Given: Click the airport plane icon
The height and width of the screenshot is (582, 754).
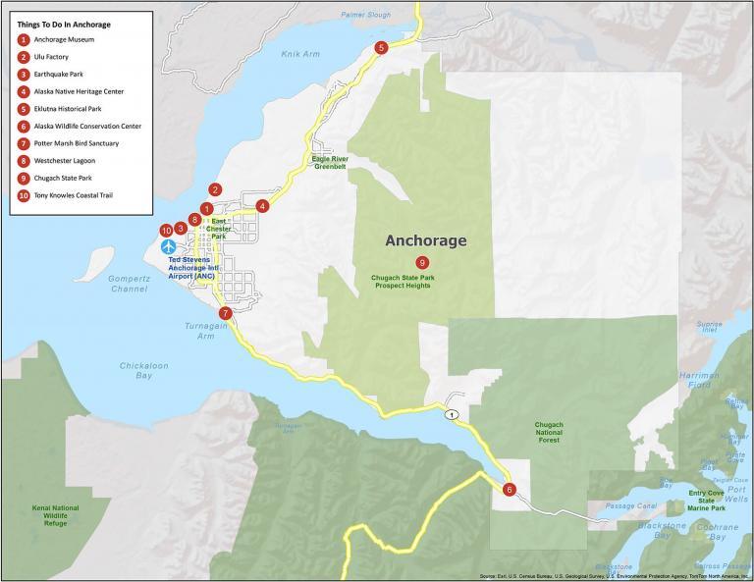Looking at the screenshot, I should point(169,244).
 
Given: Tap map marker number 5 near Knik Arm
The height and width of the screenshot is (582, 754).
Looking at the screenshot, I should point(381,47).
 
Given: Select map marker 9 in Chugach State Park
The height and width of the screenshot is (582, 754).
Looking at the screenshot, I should point(421,262).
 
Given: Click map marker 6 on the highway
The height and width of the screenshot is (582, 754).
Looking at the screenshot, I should point(509,489).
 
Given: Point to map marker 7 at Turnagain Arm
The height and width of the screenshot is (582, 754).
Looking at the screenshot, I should point(226,313).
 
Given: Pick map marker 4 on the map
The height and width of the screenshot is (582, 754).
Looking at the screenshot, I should point(262,206).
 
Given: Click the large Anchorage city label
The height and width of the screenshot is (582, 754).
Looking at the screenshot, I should point(425,240).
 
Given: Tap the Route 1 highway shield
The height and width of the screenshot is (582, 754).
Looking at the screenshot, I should point(451,415).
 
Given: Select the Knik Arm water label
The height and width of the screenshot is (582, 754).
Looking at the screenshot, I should point(301,54).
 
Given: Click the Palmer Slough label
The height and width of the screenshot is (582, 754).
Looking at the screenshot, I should point(365,15).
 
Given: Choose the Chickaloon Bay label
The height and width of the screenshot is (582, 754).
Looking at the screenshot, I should point(144,370).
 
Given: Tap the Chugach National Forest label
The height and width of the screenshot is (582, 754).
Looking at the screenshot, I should point(549,432).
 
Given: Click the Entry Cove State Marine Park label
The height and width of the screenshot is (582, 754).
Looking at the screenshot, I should point(706,501).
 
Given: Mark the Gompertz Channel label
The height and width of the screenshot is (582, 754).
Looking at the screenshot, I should point(129,284).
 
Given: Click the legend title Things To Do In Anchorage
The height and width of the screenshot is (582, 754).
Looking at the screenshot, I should point(64,24).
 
